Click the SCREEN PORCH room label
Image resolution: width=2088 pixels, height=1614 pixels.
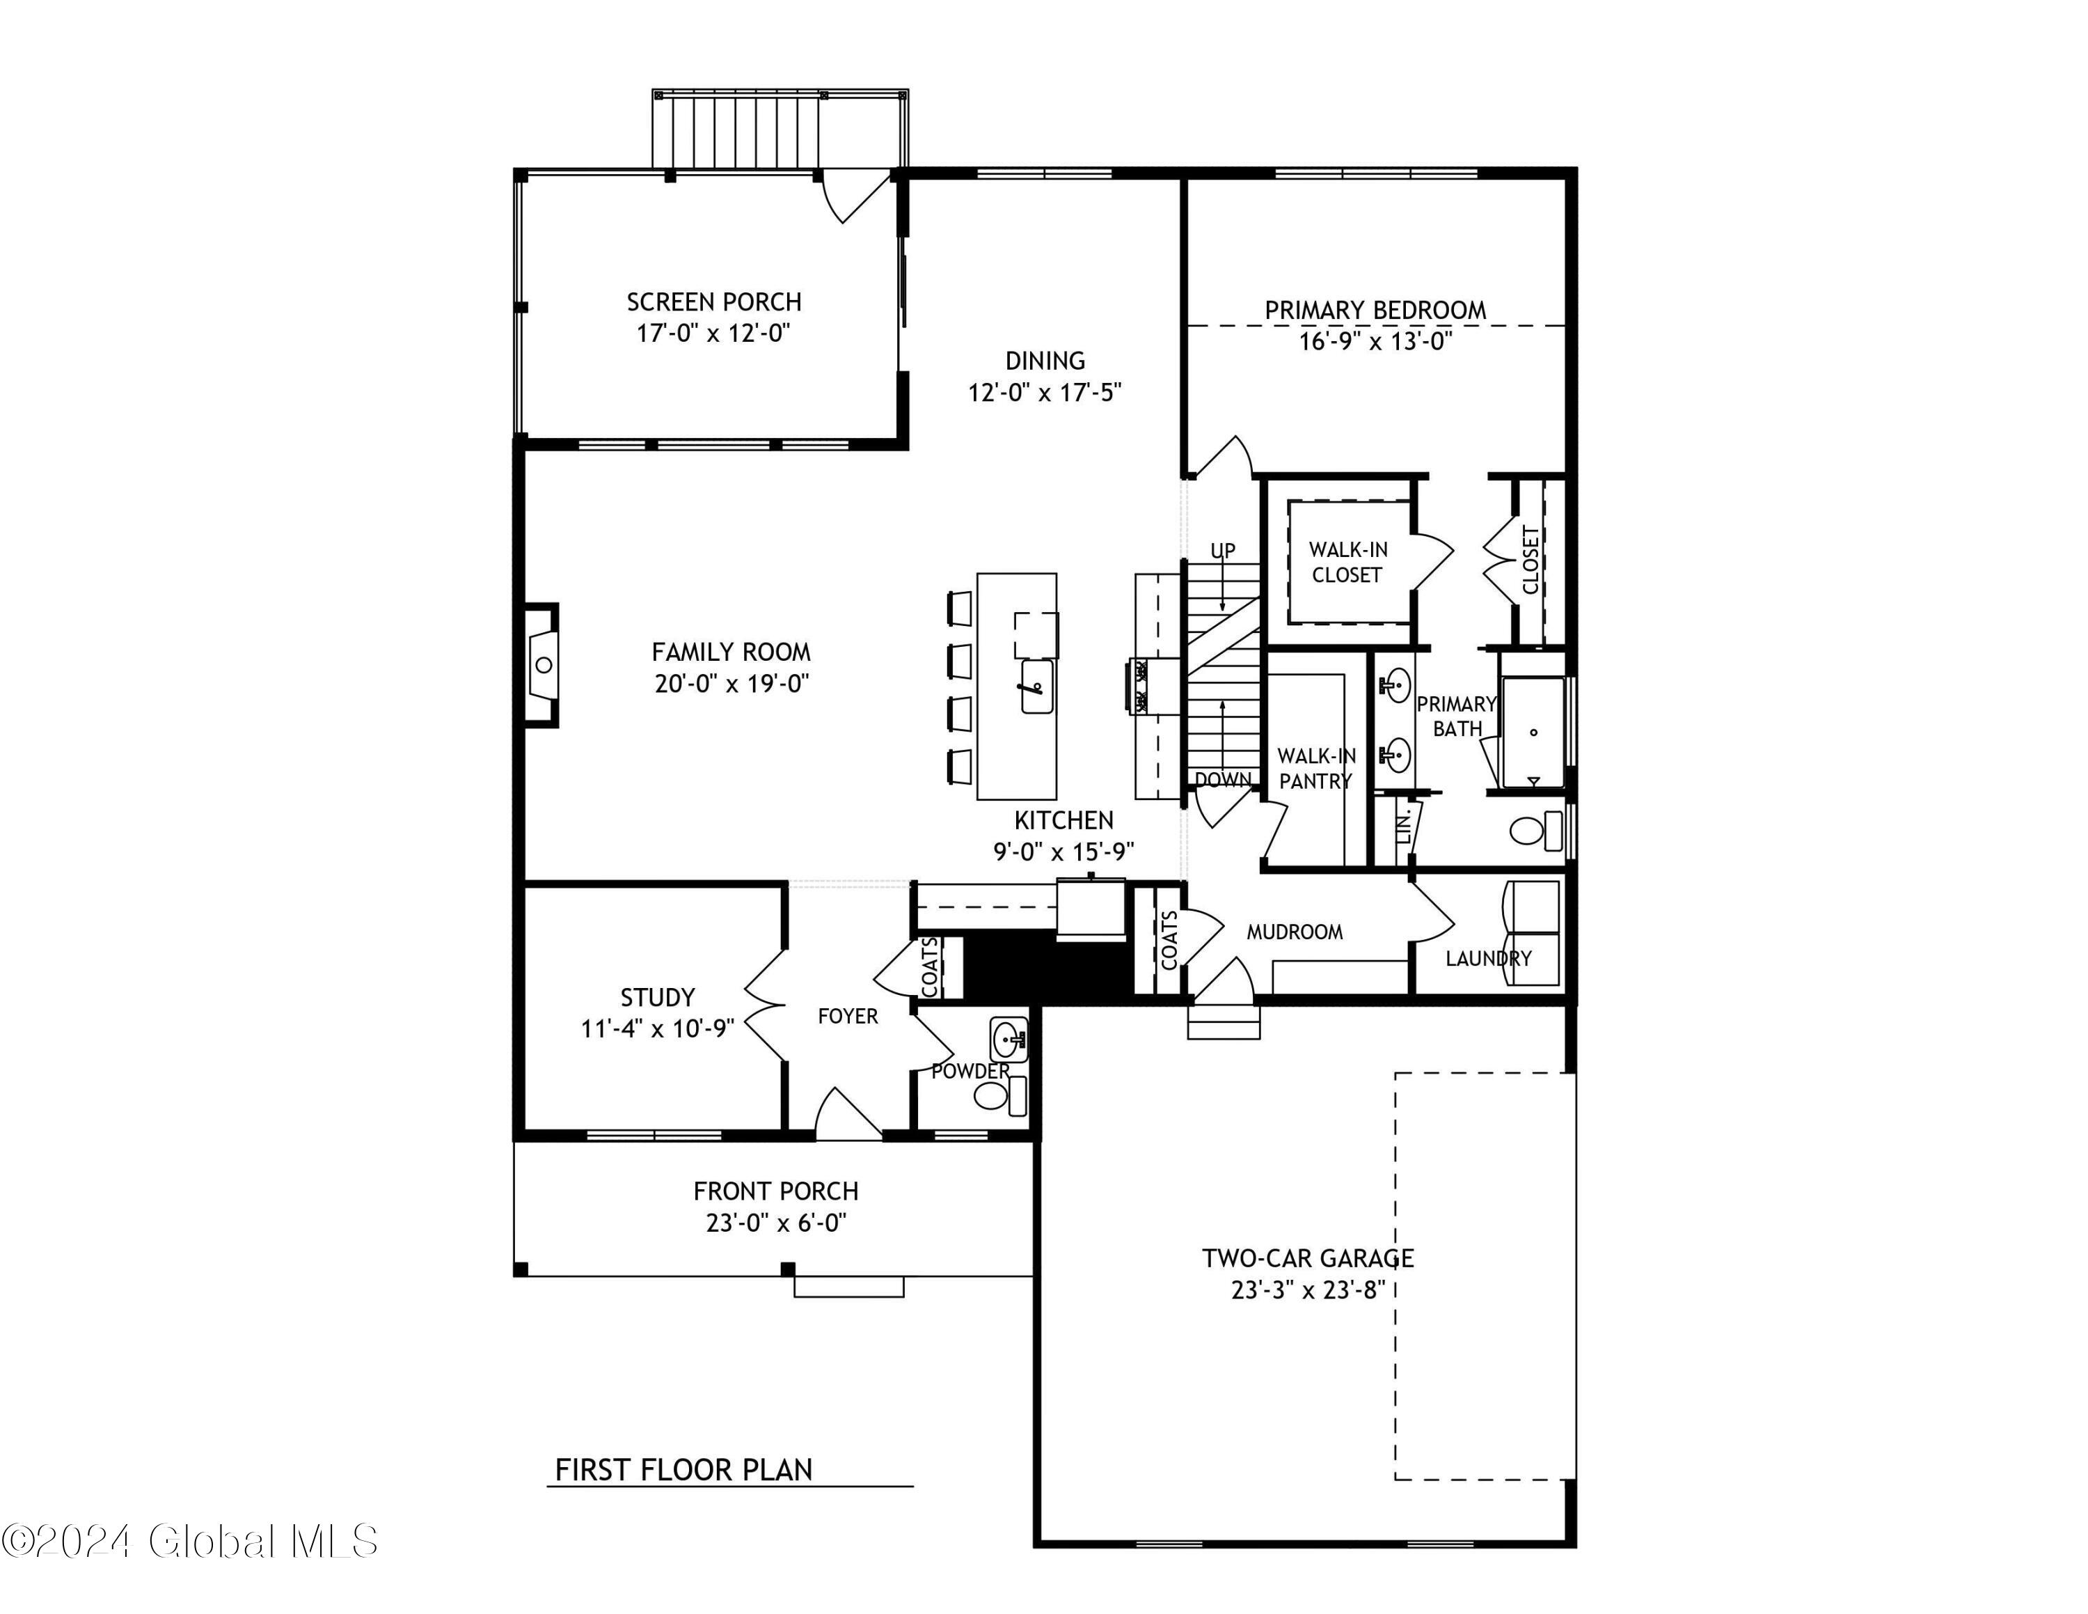pos(713,302)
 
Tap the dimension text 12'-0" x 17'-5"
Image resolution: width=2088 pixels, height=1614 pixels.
pos(1044,393)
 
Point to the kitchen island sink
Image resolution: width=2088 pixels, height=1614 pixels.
pos(1036,687)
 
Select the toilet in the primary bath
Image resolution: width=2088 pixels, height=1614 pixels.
pos(1535,830)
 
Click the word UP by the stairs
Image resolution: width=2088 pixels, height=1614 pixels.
pos(1223,551)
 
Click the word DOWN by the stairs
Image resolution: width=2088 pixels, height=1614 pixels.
pos(1223,779)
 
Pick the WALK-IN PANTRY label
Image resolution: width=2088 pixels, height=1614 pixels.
pos(1315,769)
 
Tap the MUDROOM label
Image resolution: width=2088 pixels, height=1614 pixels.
pos(1295,932)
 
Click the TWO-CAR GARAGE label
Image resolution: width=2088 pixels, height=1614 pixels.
pos(1308,1258)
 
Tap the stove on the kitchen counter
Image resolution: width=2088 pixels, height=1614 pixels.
pos(1141,687)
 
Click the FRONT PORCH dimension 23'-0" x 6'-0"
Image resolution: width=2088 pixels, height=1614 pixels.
pos(775,1223)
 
